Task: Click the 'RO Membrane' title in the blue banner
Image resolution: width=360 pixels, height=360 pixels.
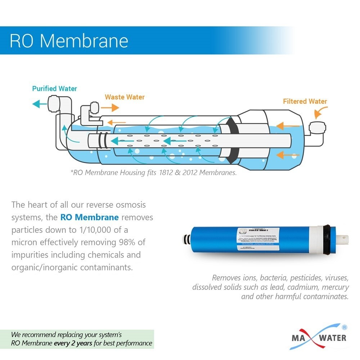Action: tap(69, 41)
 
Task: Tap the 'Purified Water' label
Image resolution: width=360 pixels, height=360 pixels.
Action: tap(54, 89)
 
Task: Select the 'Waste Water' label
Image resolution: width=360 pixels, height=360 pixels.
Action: tap(125, 97)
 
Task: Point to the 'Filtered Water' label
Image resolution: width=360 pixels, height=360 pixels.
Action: tap(305, 101)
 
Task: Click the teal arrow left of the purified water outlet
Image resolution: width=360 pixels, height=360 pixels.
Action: tap(40, 104)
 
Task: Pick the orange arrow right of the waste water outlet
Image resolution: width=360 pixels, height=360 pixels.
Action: tap(110, 108)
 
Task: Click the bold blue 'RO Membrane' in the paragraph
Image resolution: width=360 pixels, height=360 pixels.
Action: tap(89, 217)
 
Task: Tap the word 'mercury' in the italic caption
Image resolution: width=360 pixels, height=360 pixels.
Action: tap(336, 287)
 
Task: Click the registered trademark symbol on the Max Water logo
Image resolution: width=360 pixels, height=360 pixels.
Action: tap(344, 328)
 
